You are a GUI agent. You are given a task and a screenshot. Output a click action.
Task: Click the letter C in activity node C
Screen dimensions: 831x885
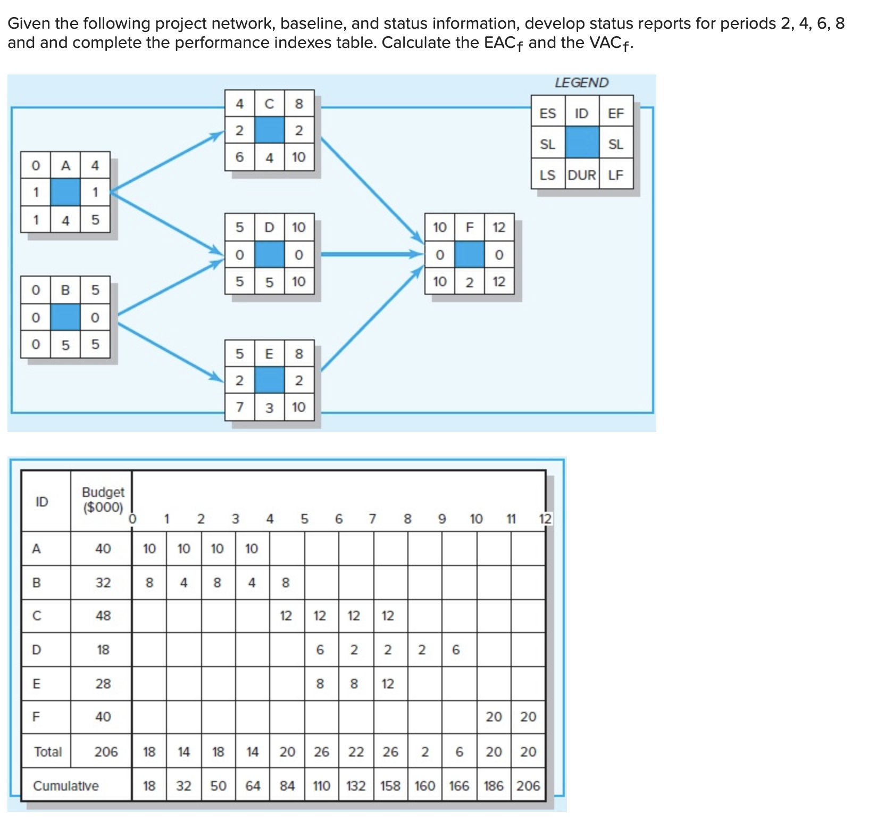click(269, 104)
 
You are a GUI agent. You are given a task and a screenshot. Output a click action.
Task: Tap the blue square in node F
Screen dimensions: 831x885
click(469, 254)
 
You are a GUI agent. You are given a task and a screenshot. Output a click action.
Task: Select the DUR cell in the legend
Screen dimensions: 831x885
click(582, 175)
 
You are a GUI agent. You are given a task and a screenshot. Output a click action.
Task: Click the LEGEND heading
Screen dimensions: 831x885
click(581, 82)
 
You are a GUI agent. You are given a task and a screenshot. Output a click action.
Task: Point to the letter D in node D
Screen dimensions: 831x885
click(269, 227)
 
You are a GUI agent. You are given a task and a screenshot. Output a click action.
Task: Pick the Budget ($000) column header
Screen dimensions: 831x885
click(103, 500)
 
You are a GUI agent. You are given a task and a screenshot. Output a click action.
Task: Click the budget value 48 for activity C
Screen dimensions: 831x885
click(103, 616)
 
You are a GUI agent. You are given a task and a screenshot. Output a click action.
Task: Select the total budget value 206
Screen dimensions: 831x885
click(106, 752)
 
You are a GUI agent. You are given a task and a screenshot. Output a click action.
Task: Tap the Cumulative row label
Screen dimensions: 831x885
click(65, 786)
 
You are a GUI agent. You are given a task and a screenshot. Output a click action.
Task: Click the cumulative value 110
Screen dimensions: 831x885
click(321, 786)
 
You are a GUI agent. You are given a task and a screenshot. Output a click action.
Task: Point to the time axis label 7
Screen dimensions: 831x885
click(372, 519)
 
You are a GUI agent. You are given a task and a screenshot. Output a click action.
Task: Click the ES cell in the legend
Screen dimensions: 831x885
click(547, 113)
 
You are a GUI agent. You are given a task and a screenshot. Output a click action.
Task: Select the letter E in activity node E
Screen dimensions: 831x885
click(269, 354)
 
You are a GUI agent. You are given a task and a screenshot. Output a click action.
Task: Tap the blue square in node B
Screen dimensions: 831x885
click(65, 317)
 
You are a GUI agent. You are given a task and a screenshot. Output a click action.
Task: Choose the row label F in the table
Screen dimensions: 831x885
click(36, 717)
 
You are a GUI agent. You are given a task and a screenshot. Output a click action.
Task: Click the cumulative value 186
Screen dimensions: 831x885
click(494, 786)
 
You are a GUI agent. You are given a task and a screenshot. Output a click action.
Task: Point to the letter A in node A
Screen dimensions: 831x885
click(65, 165)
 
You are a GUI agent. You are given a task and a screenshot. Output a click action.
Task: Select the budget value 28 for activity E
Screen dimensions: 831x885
click(103, 684)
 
